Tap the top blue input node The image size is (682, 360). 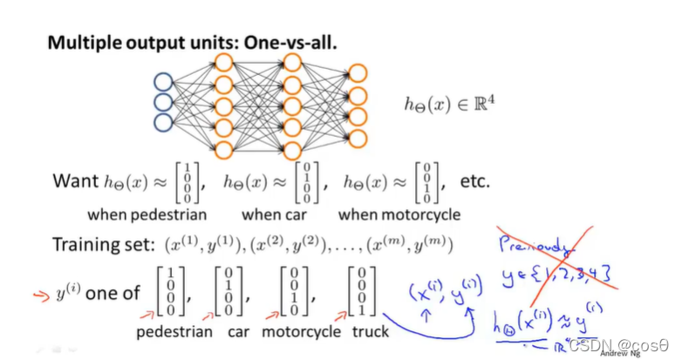coord(161,84)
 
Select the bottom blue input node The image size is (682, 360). coord(161,122)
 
